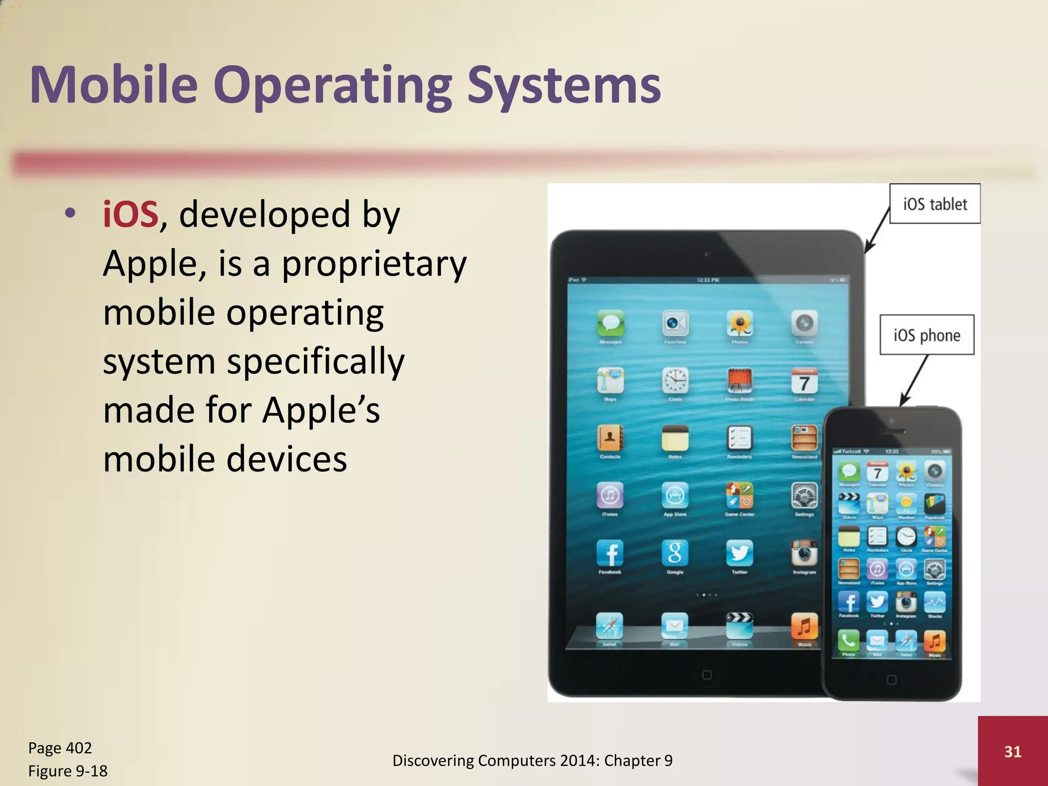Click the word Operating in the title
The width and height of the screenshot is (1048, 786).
click(x=333, y=86)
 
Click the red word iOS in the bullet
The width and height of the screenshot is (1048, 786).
click(x=130, y=214)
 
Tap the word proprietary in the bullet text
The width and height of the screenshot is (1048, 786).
click(x=374, y=264)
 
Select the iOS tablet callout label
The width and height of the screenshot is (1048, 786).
click(x=934, y=204)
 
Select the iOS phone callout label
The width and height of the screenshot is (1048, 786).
click(x=926, y=335)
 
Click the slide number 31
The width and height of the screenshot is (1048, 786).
click(x=1013, y=751)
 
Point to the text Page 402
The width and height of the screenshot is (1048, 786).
click(x=60, y=748)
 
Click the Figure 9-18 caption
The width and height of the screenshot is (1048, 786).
click(x=68, y=771)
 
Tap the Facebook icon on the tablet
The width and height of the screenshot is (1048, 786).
click(x=610, y=553)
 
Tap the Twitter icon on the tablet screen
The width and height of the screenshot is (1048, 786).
click(x=739, y=553)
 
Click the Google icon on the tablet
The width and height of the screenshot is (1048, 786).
click(x=675, y=553)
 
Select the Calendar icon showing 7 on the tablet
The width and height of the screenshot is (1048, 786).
click(x=804, y=381)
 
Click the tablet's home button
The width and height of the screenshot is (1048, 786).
click(x=707, y=675)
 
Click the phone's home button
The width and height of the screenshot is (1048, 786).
click(x=891, y=680)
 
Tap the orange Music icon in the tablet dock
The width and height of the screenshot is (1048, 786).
click(x=804, y=626)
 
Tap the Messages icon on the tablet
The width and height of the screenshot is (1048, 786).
click(x=610, y=323)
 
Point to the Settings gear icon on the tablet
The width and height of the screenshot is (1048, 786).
click(x=804, y=495)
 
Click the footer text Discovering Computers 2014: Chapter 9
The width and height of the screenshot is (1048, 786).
click(x=532, y=760)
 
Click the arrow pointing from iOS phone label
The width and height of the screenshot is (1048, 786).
click(x=914, y=379)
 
